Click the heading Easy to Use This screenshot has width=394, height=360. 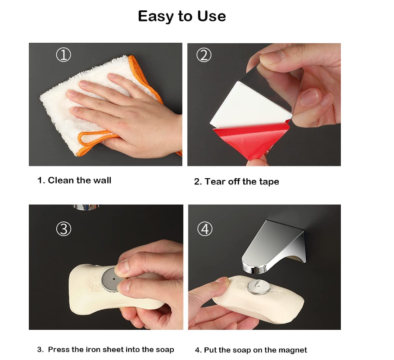(182, 16)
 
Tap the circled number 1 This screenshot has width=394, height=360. (63, 55)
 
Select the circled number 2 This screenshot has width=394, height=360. (204, 55)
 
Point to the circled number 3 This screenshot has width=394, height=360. (63, 229)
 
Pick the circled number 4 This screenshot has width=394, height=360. (205, 229)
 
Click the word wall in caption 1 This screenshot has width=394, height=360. (102, 180)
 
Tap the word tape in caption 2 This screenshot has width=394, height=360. (269, 182)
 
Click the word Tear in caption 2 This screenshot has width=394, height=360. (214, 181)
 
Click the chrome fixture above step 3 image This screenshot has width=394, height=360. (86, 207)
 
